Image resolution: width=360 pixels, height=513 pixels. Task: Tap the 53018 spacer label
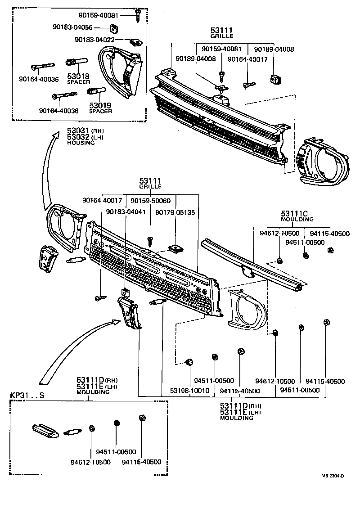78,77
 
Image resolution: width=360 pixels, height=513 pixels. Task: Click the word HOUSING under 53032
81,143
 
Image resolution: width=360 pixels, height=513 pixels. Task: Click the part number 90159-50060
151,200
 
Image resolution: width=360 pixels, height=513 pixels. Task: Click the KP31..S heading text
27,396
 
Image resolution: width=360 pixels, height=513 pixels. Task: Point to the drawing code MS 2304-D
333,476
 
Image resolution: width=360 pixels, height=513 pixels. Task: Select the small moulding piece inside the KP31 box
45,430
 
